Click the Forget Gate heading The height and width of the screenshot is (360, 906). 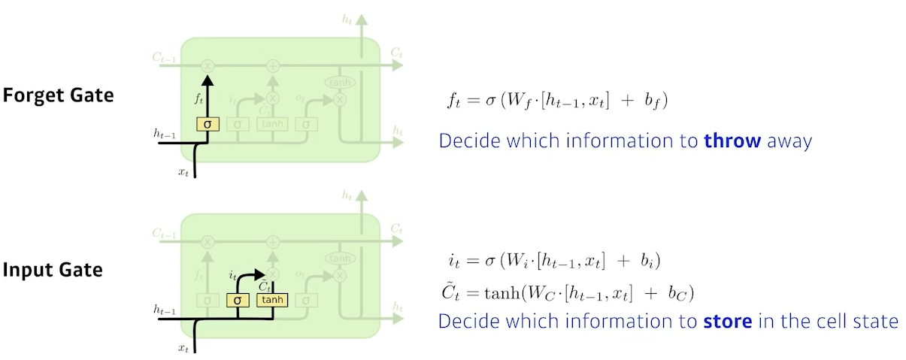click(58, 95)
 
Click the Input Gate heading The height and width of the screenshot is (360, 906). click(53, 270)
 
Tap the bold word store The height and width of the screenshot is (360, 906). click(728, 321)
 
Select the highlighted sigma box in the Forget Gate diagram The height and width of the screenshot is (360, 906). click(208, 123)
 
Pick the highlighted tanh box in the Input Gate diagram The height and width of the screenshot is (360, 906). click(272, 299)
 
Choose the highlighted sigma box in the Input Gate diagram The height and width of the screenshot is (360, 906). click(238, 299)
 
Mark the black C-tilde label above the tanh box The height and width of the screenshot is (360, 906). click(264, 286)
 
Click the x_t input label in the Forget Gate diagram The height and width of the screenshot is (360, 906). click(183, 172)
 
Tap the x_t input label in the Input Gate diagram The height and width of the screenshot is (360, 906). click(183, 347)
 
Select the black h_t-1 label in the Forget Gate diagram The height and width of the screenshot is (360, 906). click(165, 133)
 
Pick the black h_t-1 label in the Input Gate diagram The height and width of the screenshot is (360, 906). click(165, 309)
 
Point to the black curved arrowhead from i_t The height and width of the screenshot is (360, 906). click(259, 274)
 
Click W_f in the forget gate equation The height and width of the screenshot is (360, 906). click(511, 100)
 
